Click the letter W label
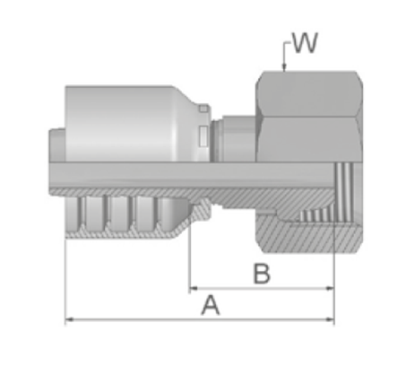pos(305,43)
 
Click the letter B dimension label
pos(262,274)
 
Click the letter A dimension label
pos(211,305)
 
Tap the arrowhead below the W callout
pos(284,68)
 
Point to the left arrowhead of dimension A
pos(69,319)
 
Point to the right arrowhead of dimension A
pos(330,319)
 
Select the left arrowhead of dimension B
pos(194,288)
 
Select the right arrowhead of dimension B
pos(330,288)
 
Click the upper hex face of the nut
pos(309,94)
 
